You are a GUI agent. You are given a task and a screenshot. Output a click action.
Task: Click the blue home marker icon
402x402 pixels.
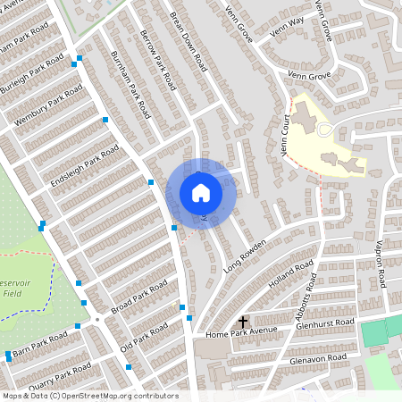pyautogui.click(x=201, y=193)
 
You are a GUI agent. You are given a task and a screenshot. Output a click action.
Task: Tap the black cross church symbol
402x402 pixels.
pyautogui.click(x=242, y=322)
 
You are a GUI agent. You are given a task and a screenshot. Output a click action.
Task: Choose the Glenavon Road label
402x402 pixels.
pyautogui.click(x=318, y=358)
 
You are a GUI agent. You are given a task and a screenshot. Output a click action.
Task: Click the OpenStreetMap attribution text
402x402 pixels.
pyautogui.click(x=89, y=396)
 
